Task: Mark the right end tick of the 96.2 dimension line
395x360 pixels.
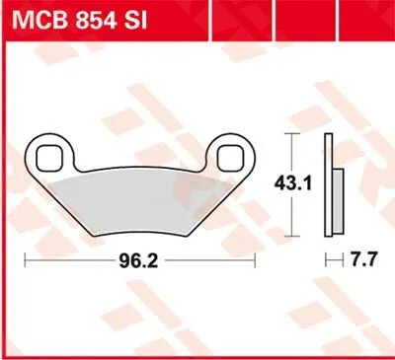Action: point(255,261)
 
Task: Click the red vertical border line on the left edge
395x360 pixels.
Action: point(4,197)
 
